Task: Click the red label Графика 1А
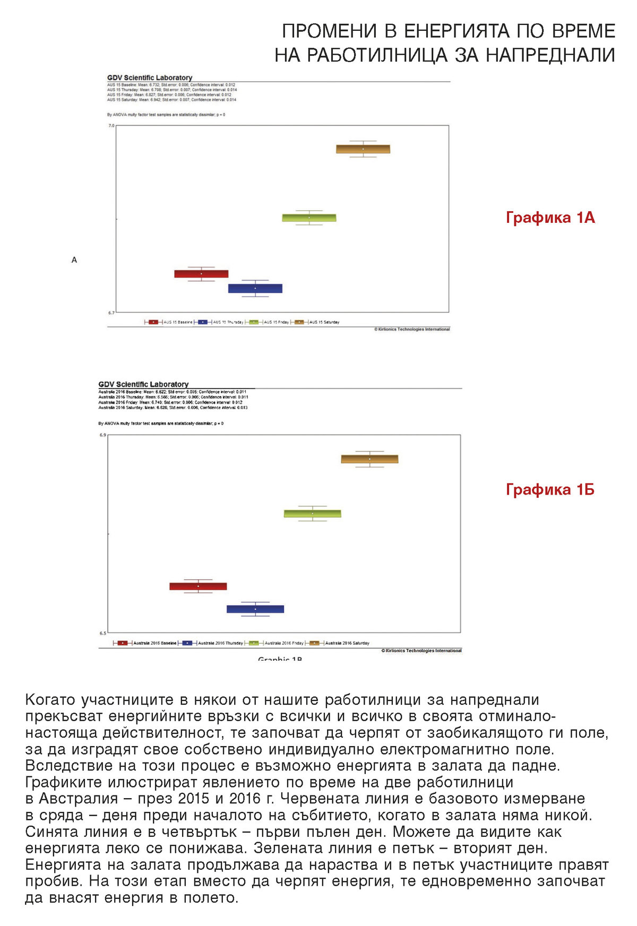click(x=550, y=218)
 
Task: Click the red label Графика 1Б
click(x=550, y=489)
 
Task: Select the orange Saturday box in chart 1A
click(x=363, y=149)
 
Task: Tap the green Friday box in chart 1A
click(x=309, y=218)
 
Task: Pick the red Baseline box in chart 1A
click(x=201, y=274)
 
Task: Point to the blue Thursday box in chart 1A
click(x=255, y=289)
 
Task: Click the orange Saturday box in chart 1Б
click(x=369, y=459)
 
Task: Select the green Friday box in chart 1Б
click(x=312, y=514)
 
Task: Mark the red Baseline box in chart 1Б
click(x=198, y=586)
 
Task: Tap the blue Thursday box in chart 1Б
click(x=255, y=609)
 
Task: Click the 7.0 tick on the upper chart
click(x=111, y=126)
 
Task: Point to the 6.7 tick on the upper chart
click(x=111, y=313)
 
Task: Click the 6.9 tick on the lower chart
click(x=102, y=435)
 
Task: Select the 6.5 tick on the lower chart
click(x=102, y=633)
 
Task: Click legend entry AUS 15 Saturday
click(x=324, y=322)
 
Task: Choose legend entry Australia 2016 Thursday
click(x=220, y=643)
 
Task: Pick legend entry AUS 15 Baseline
click(x=178, y=322)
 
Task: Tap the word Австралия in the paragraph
click(x=78, y=799)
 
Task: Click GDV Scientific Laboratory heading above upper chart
click(x=150, y=77)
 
